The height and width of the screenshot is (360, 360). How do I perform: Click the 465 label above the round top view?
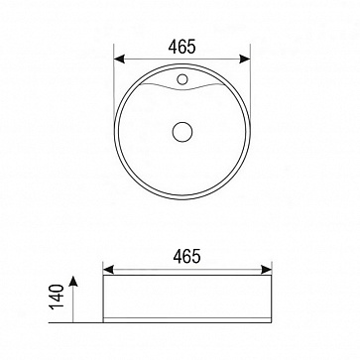point(181,47)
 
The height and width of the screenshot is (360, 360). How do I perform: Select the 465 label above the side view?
point(186,256)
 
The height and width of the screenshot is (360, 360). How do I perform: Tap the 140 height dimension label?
point(57,297)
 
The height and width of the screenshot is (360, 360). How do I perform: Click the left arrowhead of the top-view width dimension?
point(119,60)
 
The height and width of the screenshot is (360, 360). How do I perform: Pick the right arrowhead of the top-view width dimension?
point(245,60)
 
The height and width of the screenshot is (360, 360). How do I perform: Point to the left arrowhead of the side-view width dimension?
point(108,270)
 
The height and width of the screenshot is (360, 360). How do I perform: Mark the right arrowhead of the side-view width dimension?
point(266,270)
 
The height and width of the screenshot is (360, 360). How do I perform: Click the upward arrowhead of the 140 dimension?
point(73,281)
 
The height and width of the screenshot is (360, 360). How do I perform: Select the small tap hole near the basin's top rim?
point(182,79)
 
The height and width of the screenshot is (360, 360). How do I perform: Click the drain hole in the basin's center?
point(182,132)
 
